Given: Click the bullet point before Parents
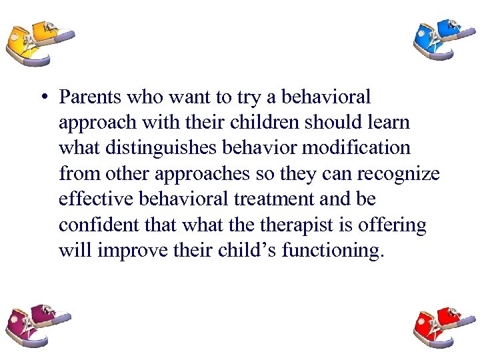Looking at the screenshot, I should click(43, 98).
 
